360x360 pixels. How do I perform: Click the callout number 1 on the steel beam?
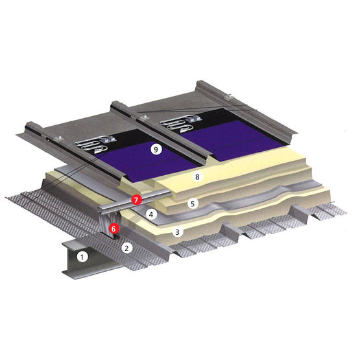(x=82, y=257)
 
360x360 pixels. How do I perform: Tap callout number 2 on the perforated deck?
(x=126, y=248)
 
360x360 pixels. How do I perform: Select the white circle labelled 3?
(x=177, y=232)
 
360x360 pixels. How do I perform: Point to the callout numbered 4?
(x=151, y=215)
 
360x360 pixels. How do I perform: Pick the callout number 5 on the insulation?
(x=193, y=204)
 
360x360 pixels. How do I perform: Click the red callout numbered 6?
(x=114, y=228)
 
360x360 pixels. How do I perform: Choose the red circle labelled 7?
(x=136, y=200)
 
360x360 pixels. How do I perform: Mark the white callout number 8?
(x=197, y=177)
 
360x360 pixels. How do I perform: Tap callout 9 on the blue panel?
(x=156, y=150)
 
